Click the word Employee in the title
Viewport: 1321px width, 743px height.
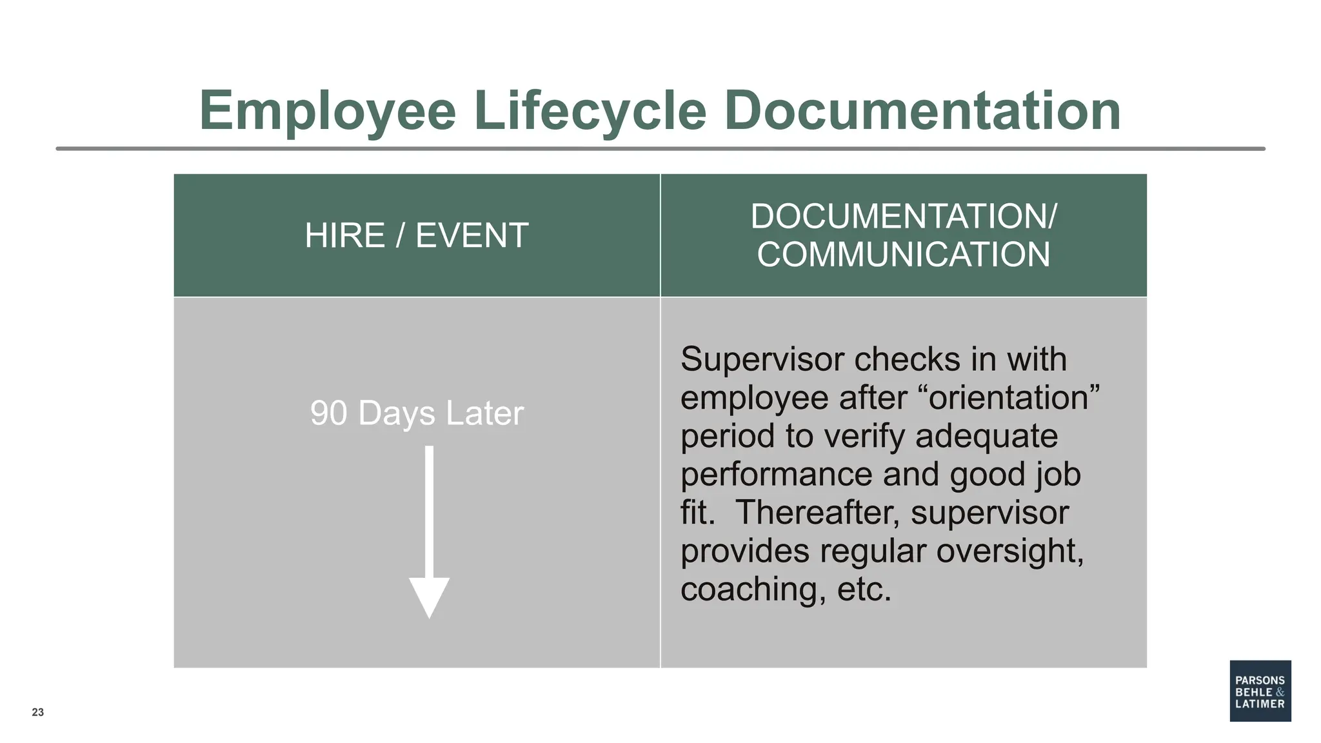[x=328, y=111]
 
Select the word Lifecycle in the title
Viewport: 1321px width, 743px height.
[x=590, y=111]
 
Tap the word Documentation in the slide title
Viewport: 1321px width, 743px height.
[x=922, y=111]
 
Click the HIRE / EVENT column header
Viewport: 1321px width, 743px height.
[x=417, y=235]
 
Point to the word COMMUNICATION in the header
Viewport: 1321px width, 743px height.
[x=904, y=255]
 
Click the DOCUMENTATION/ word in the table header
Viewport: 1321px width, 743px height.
[x=904, y=216]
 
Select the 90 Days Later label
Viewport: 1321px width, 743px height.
[x=417, y=413]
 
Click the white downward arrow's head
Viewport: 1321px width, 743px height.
[x=429, y=597]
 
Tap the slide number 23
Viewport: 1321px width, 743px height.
[x=38, y=712]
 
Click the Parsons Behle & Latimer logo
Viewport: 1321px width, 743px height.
[x=1260, y=691]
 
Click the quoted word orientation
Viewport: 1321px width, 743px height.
[x=1013, y=397]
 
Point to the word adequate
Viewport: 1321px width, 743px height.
[x=986, y=436]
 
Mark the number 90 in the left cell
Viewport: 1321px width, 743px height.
[x=328, y=413]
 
